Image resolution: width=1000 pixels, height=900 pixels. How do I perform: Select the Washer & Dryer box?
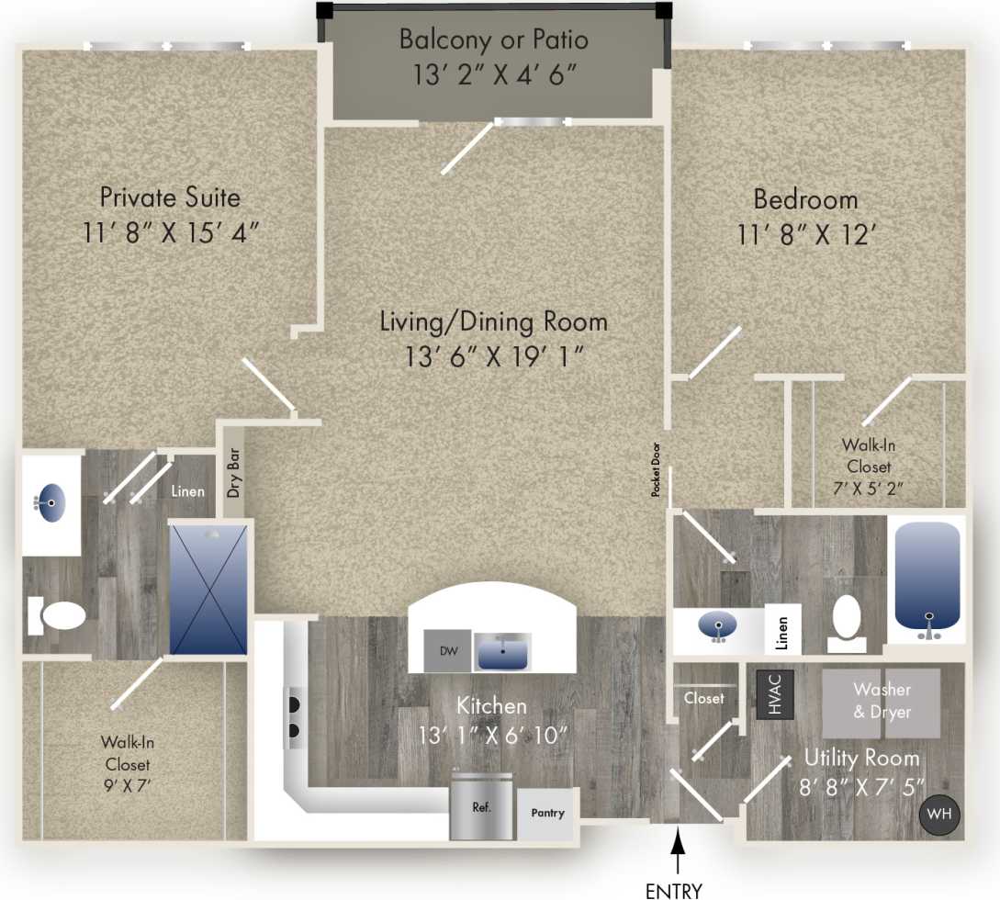click(881, 703)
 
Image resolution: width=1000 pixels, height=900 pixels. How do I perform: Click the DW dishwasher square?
click(447, 651)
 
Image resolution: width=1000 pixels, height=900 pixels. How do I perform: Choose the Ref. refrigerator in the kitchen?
click(481, 808)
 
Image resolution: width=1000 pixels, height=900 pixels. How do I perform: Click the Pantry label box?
click(548, 814)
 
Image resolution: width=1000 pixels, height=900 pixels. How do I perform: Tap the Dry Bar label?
click(234, 474)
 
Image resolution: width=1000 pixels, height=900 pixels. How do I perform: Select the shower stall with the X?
click(209, 588)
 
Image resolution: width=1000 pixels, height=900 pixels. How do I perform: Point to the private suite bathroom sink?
click(51, 502)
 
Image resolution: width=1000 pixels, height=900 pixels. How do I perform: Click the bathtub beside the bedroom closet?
click(927, 579)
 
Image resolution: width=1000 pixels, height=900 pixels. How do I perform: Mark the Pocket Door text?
click(657, 469)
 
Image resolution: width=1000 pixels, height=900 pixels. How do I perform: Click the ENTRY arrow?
click(678, 849)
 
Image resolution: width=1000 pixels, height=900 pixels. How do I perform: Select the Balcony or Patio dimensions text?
click(494, 74)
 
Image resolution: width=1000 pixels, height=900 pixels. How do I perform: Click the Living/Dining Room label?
click(493, 321)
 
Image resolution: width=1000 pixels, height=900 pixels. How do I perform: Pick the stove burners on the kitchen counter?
click(296, 717)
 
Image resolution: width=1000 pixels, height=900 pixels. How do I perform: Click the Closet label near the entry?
click(703, 698)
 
